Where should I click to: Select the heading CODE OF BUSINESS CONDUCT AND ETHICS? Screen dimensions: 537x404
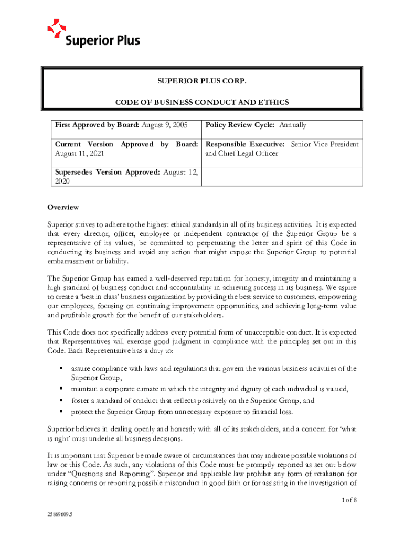(202, 102)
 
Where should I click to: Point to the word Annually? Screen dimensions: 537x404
(293, 125)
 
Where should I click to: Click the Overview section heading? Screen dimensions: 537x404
(63, 208)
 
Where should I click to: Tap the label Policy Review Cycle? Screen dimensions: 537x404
(241, 125)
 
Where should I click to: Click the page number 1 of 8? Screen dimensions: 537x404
(348, 500)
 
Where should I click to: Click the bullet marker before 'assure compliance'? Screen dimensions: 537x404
(61, 368)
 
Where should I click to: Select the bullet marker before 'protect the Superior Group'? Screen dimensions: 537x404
(61, 411)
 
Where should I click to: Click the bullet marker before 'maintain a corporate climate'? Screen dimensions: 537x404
(61, 389)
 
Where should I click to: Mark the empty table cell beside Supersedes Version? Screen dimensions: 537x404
(282, 177)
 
